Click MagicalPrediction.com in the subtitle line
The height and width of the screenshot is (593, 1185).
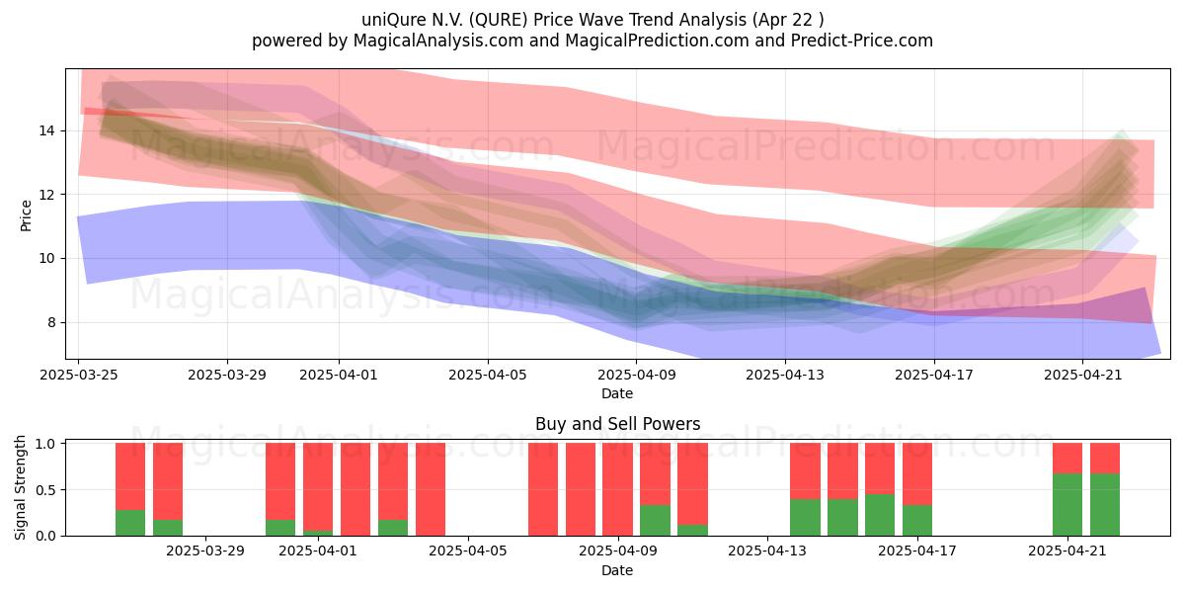point(657,41)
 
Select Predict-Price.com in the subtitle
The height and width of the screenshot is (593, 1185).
point(862,41)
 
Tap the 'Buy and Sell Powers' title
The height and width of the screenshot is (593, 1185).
point(617,424)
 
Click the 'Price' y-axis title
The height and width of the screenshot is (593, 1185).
point(26,215)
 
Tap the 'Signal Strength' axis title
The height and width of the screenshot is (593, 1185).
point(20,487)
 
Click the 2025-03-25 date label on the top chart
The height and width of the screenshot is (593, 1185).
point(79,375)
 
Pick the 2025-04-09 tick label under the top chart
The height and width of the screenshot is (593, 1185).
point(636,375)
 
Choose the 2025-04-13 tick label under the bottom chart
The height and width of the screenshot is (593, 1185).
point(767,551)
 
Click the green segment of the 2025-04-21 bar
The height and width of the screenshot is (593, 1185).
point(1067,505)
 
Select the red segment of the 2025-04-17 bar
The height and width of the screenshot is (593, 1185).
point(917,473)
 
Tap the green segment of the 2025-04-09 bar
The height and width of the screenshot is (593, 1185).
point(655,521)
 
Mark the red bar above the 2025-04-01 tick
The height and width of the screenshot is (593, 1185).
point(318,486)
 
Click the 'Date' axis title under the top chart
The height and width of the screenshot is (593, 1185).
point(617,393)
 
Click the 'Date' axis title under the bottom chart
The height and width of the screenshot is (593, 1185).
point(617,570)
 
